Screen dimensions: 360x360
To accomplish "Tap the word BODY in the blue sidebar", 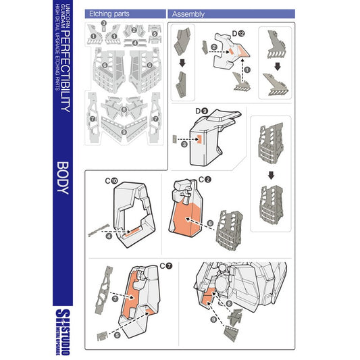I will click(x=62, y=178).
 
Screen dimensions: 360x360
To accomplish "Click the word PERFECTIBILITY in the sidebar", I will click(x=62, y=71).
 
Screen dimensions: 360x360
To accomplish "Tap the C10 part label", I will click(x=112, y=180).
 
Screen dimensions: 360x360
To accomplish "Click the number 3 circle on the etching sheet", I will click(x=103, y=23).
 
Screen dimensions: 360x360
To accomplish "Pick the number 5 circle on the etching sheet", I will click(x=154, y=33).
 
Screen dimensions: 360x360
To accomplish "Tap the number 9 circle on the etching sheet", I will click(x=123, y=132).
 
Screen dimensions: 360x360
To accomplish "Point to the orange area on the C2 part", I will click(x=186, y=213).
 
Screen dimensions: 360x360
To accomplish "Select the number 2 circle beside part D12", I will click(x=214, y=47).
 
